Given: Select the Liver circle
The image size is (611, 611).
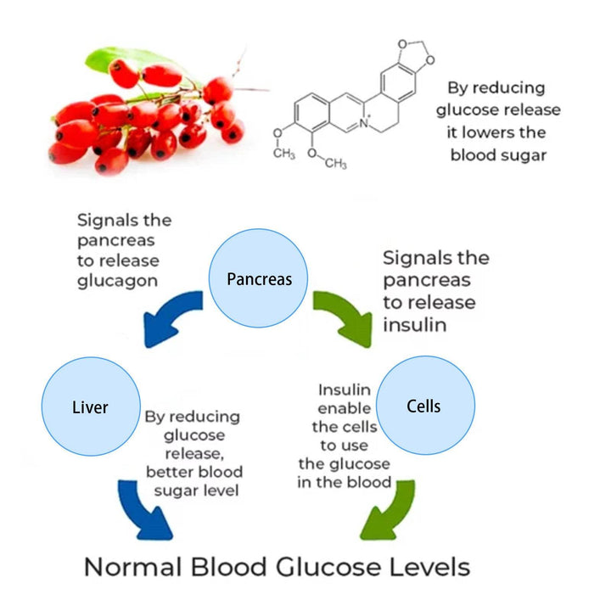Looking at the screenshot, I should tap(90, 406).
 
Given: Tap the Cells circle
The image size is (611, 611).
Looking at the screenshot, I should tap(423, 406).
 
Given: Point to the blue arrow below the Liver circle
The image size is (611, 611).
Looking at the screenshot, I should tap(145, 509).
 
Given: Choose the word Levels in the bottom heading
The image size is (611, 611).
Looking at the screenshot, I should tap(428, 566).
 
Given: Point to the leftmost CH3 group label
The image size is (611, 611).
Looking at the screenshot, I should tap(283, 153).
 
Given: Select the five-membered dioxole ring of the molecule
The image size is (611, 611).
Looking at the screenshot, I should tap(414, 51).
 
